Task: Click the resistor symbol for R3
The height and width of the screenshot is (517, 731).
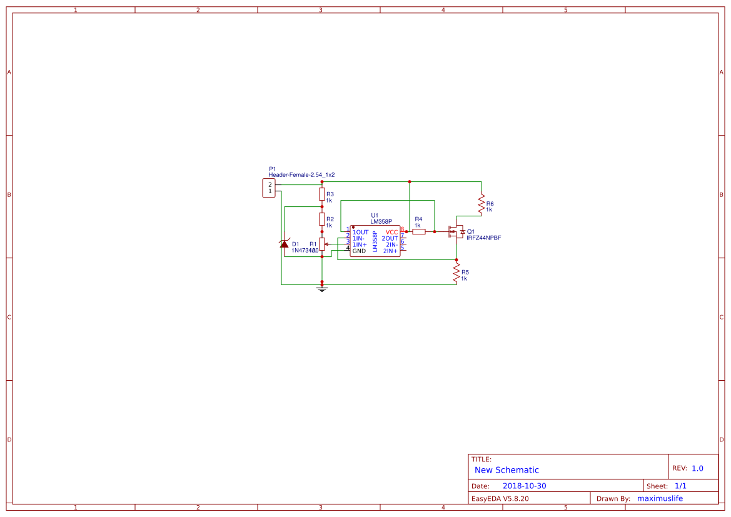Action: point(322,194)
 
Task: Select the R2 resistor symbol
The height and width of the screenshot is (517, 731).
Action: point(322,219)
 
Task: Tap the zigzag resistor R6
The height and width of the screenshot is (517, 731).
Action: point(481,203)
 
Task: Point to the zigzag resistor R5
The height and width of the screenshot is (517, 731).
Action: point(456,273)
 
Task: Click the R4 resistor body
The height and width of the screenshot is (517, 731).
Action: point(419,231)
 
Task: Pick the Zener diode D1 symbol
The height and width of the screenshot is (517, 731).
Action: point(285,243)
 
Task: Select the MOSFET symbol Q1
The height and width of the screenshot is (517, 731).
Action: point(456,232)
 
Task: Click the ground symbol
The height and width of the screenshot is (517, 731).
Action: point(322,289)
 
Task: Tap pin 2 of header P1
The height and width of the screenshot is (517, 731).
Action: point(270,185)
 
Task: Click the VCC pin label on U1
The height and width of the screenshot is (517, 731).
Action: point(391,232)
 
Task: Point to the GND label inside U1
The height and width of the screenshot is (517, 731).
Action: point(359,251)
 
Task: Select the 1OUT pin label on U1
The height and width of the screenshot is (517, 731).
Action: point(360,232)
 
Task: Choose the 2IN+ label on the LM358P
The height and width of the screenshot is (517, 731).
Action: point(390,251)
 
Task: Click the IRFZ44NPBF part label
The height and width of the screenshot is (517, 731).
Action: point(483,238)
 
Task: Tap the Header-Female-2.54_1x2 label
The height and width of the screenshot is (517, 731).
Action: point(301,175)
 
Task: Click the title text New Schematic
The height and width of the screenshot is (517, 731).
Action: point(507,470)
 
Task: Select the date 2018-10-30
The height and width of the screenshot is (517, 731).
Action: point(524,486)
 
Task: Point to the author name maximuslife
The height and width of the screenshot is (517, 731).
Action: point(660,498)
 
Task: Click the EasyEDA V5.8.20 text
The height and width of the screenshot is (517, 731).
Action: point(500,498)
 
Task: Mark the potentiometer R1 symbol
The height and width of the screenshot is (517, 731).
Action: point(322,244)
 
